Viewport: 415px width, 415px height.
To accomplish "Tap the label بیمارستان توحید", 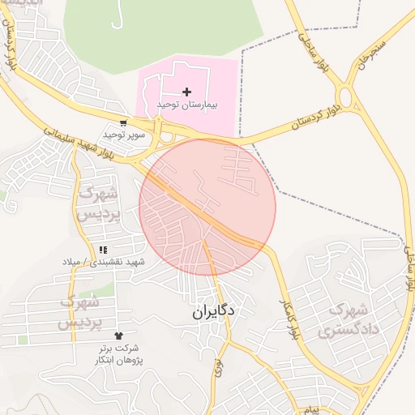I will (187, 105).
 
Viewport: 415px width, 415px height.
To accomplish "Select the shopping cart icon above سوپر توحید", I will (123, 123).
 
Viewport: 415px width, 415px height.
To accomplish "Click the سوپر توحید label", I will (123, 135).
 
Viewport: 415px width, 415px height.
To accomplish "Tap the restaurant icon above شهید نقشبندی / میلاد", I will (102, 250).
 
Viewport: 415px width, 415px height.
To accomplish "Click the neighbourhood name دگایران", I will (214, 310).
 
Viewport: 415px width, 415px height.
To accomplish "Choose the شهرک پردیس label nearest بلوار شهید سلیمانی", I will (99, 203).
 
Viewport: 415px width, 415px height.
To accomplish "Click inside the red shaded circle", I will (207, 207).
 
